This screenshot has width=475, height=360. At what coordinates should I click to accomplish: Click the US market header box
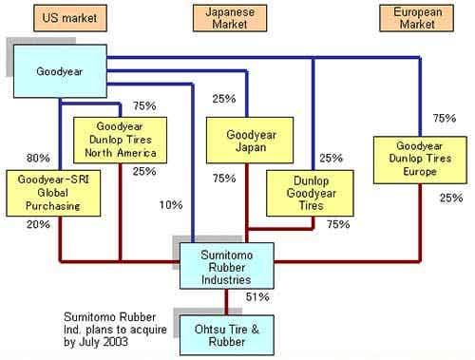pyautogui.click(x=70, y=18)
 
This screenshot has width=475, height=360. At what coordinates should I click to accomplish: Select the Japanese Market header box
pyautogui.click(x=230, y=18)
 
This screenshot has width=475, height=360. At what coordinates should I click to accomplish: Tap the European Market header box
pyautogui.click(x=417, y=18)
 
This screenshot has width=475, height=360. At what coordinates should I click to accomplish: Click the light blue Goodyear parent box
pyautogui.click(x=60, y=71)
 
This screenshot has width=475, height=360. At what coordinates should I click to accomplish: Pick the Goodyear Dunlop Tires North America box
pyautogui.click(x=121, y=140)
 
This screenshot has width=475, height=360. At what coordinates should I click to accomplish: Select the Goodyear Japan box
pyautogui.click(x=250, y=141)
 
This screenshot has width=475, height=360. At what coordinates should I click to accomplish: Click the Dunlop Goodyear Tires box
pyautogui.click(x=310, y=193)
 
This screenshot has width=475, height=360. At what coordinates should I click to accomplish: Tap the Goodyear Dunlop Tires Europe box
pyautogui.click(x=420, y=160)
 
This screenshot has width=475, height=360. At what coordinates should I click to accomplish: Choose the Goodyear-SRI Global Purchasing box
pyautogui.click(x=53, y=193)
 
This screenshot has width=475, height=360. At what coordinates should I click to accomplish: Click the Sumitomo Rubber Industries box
pyautogui.click(x=227, y=266)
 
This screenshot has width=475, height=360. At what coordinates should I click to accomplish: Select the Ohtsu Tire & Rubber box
pyautogui.click(x=227, y=335)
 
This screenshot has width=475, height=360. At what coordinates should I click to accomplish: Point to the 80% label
pyautogui.click(x=38, y=158)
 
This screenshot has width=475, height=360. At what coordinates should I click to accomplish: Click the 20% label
pyautogui.click(x=38, y=224)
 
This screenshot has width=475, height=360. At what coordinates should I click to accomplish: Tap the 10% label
pyautogui.click(x=171, y=205)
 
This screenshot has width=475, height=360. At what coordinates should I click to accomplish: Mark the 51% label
pyautogui.click(x=257, y=297)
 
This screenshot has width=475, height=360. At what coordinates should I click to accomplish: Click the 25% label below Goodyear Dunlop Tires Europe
pyautogui.click(x=451, y=198)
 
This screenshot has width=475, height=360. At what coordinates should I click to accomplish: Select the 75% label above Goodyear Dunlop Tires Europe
pyautogui.click(x=445, y=118)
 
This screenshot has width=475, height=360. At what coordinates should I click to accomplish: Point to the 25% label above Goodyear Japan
pyautogui.click(x=224, y=99)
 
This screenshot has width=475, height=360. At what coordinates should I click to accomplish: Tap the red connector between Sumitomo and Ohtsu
pyautogui.click(x=226, y=302)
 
